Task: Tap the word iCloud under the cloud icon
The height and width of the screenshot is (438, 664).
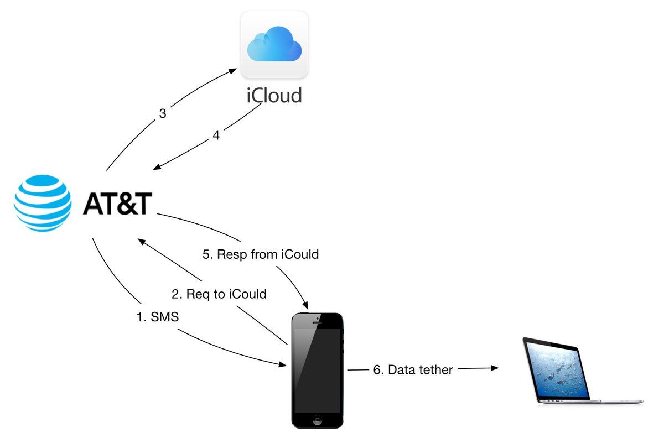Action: point(274,95)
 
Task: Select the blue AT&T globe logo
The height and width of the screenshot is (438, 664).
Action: point(43,203)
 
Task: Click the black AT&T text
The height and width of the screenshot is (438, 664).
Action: point(117,204)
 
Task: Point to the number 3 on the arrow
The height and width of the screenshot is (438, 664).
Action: point(163,114)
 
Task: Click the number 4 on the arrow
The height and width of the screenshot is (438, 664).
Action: point(216,135)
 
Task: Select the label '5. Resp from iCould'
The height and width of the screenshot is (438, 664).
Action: point(260,255)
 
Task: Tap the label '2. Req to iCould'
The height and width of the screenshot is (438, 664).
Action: point(219,294)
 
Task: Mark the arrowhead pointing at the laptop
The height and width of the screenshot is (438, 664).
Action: point(495,367)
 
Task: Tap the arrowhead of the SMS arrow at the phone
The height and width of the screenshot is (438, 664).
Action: point(282,364)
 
